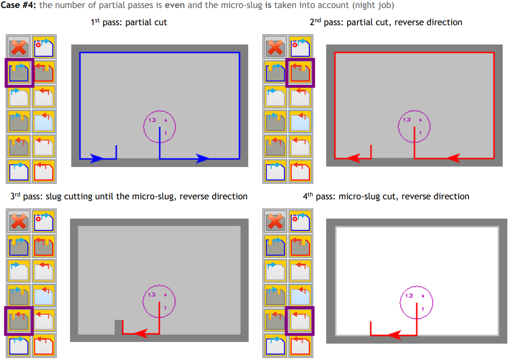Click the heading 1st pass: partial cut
click(x=129, y=22)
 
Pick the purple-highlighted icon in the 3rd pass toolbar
click(x=19, y=321)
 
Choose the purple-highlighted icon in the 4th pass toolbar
click(x=300, y=321)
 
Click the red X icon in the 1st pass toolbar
click(x=19, y=47)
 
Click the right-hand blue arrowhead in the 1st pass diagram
click(x=203, y=158)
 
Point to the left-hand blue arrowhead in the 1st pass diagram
click(x=96, y=158)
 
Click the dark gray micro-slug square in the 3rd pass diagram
click(x=118, y=327)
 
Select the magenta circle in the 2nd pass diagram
click(x=414, y=126)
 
